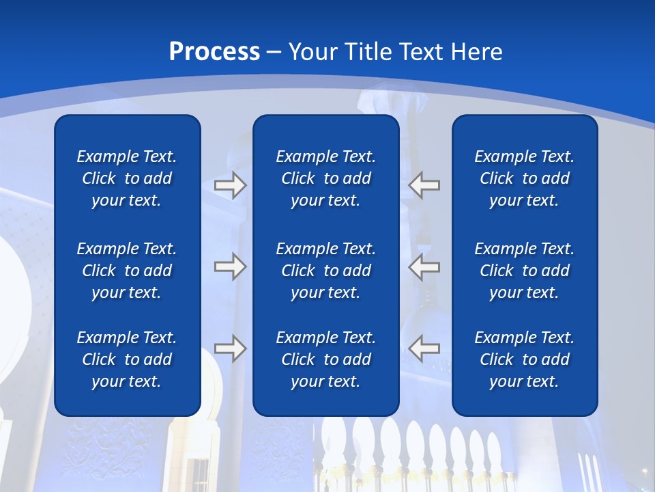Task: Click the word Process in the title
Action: tap(214, 52)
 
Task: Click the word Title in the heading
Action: tap(367, 52)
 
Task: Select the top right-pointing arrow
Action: tap(230, 185)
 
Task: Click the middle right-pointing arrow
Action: tap(230, 266)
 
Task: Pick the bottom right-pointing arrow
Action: tap(230, 348)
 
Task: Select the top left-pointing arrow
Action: tap(424, 185)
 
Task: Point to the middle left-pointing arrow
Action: tap(424, 266)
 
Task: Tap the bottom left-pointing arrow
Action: tap(424, 348)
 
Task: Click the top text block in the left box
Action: tap(127, 178)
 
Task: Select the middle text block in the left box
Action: tap(127, 271)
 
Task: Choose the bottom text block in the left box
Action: tap(127, 359)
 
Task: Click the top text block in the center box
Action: tap(326, 178)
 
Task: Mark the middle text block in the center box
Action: tap(326, 271)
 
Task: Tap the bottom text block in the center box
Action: tap(326, 359)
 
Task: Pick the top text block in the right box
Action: tap(525, 178)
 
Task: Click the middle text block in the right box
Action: tap(525, 271)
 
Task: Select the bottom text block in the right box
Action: tap(525, 359)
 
